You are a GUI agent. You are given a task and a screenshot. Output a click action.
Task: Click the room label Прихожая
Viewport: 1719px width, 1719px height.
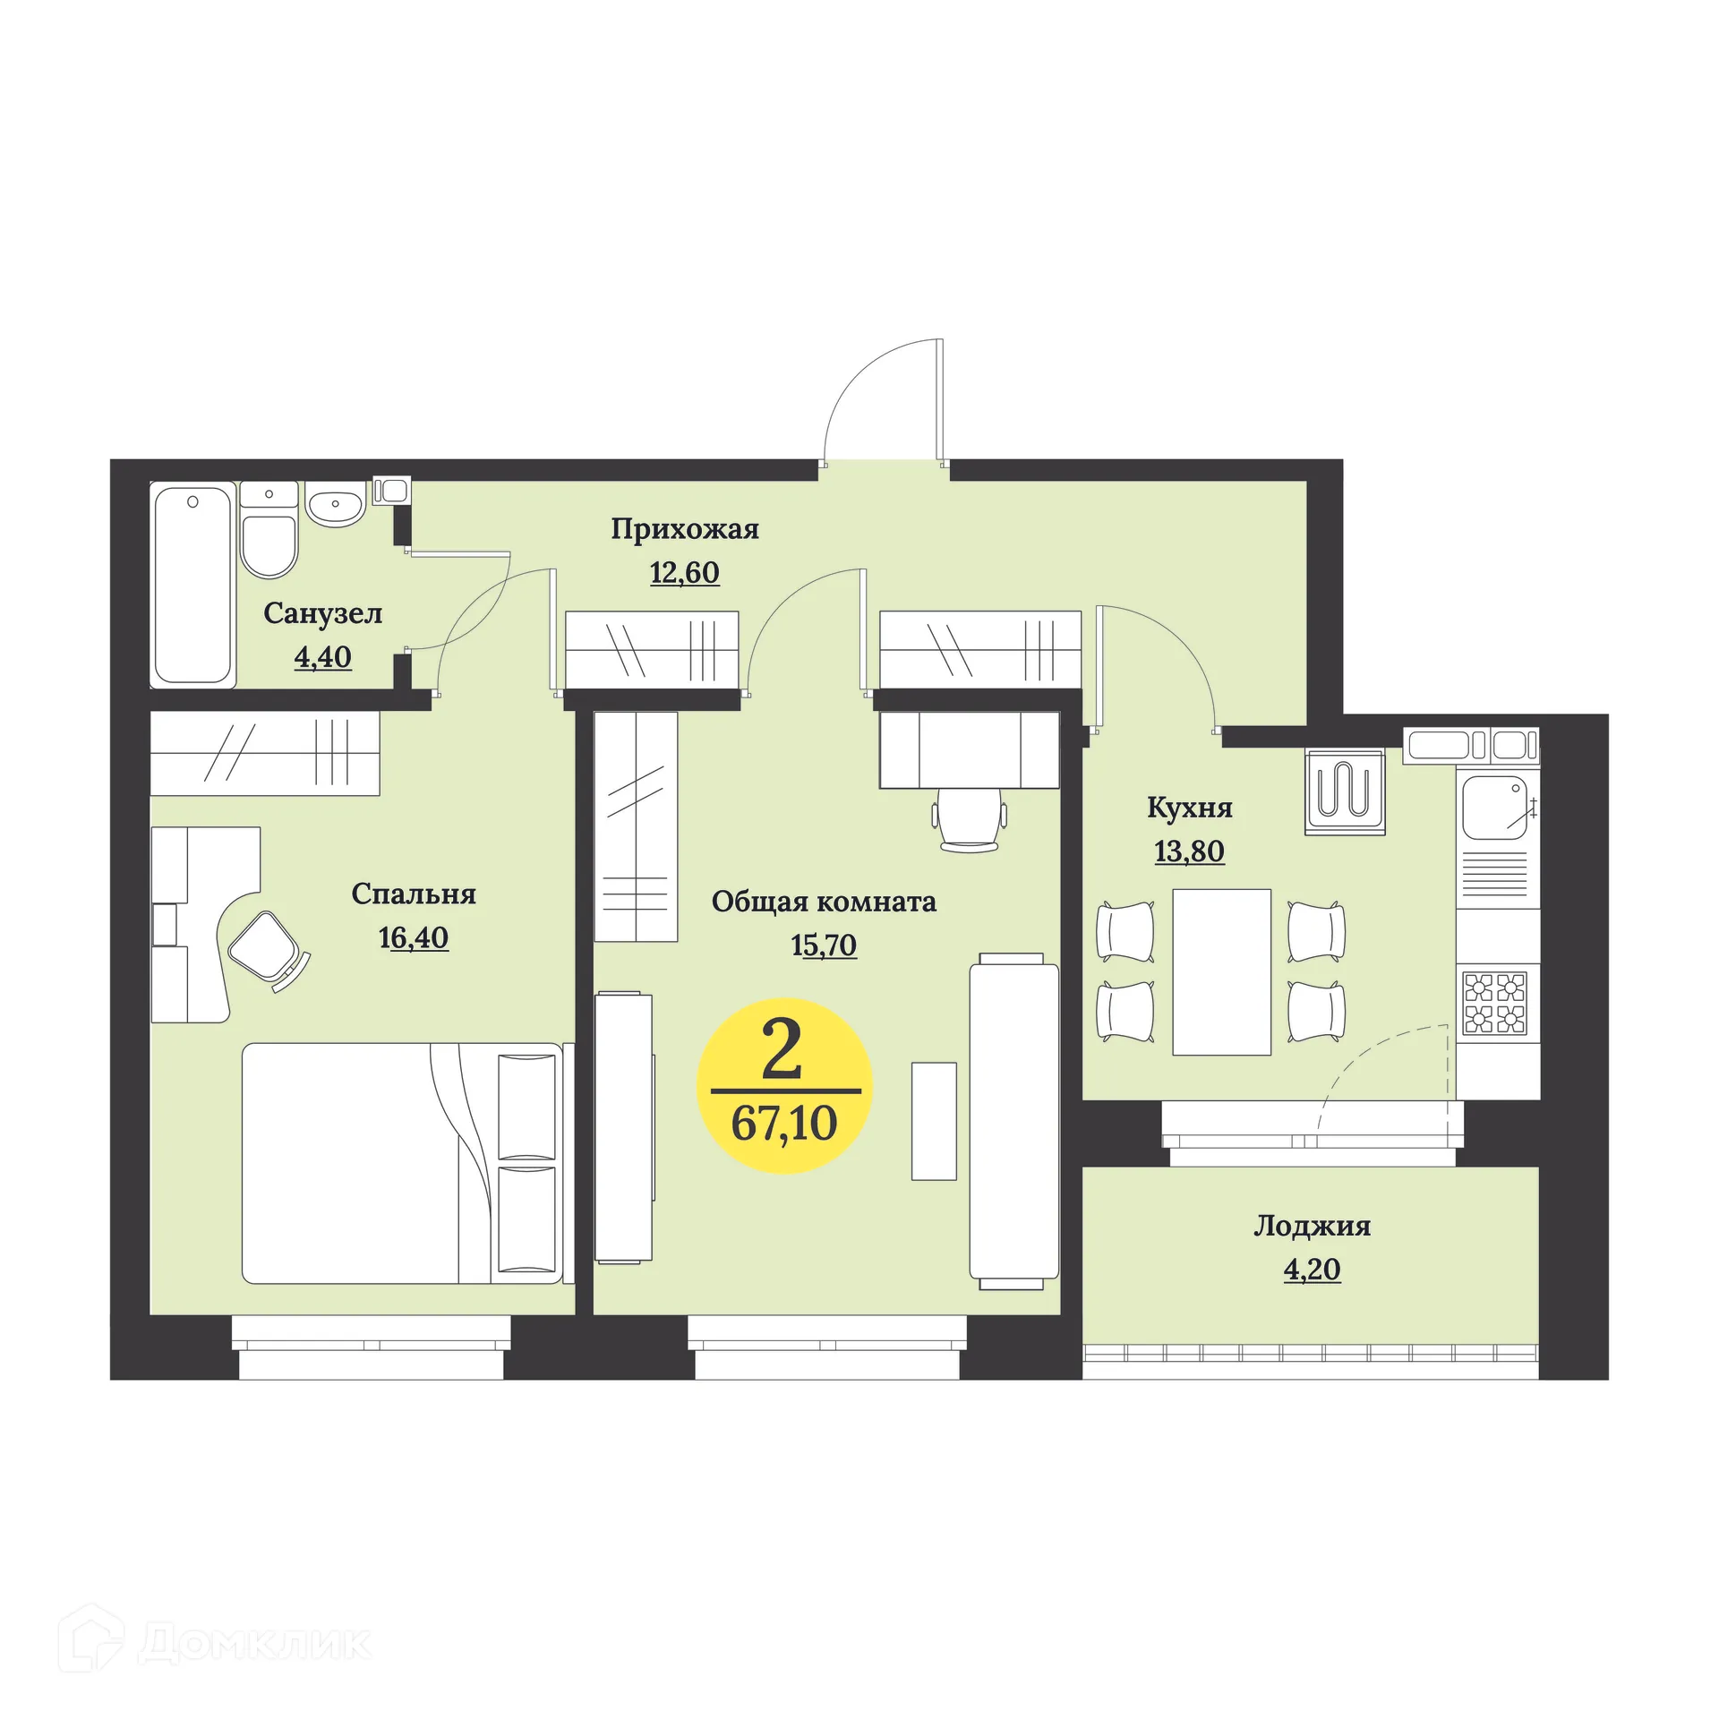(x=685, y=529)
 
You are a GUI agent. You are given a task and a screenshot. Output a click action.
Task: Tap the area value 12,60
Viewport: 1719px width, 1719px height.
(x=685, y=572)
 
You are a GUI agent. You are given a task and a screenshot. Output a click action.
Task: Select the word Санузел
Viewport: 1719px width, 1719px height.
(x=323, y=613)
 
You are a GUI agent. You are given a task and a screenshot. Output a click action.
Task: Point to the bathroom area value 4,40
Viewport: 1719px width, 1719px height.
(x=323, y=657)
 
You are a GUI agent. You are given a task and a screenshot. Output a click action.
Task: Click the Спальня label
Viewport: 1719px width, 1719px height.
(x=414, y=894)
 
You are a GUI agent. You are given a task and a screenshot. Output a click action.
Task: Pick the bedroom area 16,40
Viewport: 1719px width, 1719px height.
(x=414, y=937)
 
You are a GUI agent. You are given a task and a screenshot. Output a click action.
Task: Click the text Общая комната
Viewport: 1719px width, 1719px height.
(x=824, y=902)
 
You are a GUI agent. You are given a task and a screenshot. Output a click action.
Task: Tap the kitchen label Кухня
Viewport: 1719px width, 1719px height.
(x=1190, y=808)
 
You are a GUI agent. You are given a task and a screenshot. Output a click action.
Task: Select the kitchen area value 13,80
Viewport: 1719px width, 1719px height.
(x=1190, y=851)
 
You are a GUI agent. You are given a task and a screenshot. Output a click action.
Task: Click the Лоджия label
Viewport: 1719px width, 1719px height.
(x=1313, y=1226)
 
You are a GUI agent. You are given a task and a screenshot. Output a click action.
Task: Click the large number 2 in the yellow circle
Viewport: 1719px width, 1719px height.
(x=782, y=1051)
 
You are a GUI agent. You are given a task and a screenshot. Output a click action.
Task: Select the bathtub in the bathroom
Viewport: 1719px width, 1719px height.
(x=193, y=585)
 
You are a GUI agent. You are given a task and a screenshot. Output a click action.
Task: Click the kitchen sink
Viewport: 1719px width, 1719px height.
(x=1494, y=808)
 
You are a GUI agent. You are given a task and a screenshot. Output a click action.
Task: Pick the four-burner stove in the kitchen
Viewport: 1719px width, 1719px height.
(x=1495, y=1003)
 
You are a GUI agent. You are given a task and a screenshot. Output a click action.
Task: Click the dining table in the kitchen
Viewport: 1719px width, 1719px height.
(x=1221, y=971)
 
